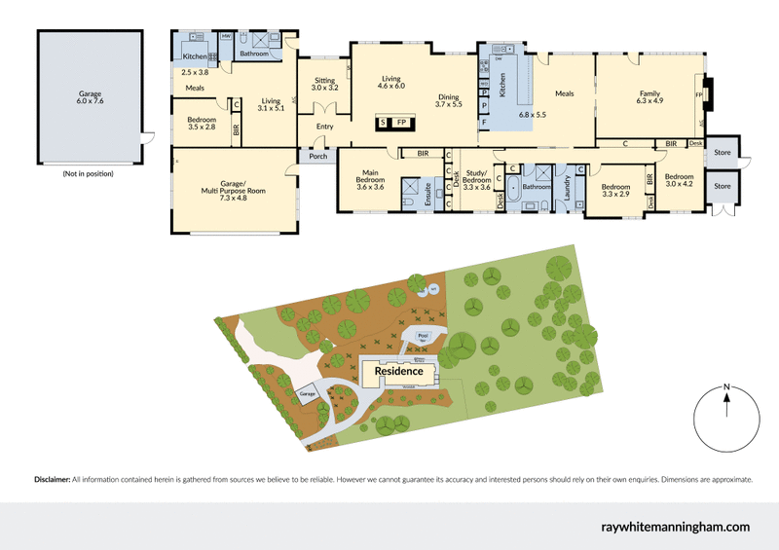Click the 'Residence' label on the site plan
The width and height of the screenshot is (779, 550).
tap(399, 371)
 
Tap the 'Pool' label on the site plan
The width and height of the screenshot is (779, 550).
tap(423, 335)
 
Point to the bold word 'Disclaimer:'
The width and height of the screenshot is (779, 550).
tap(53, 480)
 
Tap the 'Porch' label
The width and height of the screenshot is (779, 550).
tap(317, 156)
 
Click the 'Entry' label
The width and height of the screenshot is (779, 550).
tap(324, 127)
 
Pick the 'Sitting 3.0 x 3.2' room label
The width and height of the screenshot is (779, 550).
tap(324, 84)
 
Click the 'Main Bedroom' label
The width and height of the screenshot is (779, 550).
tap(370, 176)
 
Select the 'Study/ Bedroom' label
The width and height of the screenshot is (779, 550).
tap(476, 181)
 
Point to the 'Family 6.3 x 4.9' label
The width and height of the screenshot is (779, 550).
tap(649, 96)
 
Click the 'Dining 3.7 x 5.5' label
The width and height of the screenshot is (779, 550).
tap(449, 100)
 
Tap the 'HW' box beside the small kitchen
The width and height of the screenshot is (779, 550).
tap(226, 36)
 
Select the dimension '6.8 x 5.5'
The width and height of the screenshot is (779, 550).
tap(534, 115)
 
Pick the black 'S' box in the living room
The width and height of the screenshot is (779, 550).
tap(384, 122)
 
